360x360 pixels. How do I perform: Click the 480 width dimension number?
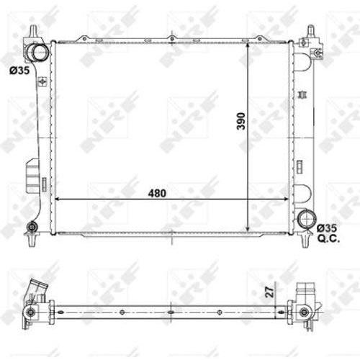click(157, 193)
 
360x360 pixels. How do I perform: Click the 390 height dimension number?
click(241, 121)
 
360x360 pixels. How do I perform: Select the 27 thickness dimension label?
click(270, 292)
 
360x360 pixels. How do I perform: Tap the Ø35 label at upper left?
click(19, 71)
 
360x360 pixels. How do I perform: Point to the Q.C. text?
click(328, 238)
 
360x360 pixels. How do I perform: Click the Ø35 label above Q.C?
click(327, 228)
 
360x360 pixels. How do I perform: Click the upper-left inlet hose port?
click(38, 53)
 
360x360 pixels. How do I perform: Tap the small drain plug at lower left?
click(32, 227)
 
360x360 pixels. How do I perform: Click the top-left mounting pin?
click(33, 30)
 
